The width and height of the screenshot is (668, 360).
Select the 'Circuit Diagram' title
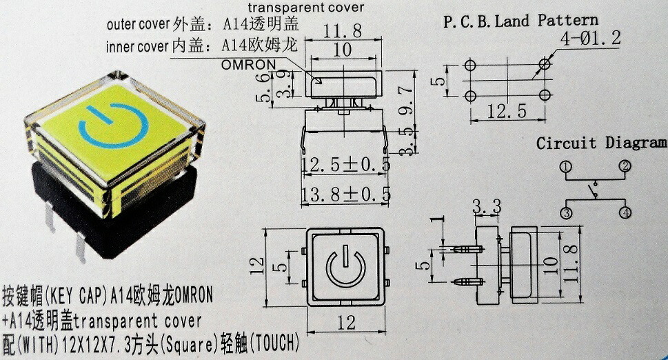(x=602, y=143)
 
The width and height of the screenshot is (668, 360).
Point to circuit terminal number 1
(x=566, y=167)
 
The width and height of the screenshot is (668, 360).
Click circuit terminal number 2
(x=625, y=166)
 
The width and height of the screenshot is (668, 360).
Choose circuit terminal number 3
(x=566, y=213)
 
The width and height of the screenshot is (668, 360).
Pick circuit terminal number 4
(x=625, y=213)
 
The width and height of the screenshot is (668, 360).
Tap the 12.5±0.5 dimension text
(x=345, y=164)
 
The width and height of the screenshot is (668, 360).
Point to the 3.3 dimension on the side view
(x=487, y=206)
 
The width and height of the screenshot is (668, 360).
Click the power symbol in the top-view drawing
(x=343, y=267)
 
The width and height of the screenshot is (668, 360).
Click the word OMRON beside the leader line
(x=249, y=65)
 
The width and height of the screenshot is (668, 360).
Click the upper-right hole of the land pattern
(x=545, y=64)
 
